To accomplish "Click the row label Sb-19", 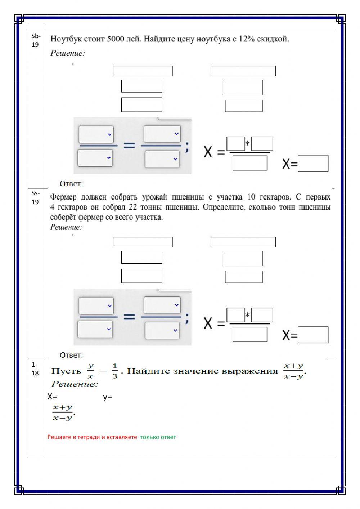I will [36, 40].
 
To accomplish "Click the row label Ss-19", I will [35, 197].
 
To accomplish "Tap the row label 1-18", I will [35, 369].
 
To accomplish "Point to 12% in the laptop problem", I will [246, 39].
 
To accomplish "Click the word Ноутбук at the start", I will [65, 39].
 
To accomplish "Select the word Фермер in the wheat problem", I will [63, 197].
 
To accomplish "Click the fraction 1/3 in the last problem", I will [114, 371].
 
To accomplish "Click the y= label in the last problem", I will [107, 397].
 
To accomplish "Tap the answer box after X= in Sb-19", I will [313, 164].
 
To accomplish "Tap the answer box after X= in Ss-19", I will [313, 335].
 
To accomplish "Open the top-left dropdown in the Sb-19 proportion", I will [96, 134].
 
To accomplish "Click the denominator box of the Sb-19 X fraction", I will [250, 163].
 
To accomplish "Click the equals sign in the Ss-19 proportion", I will [129, 317].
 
